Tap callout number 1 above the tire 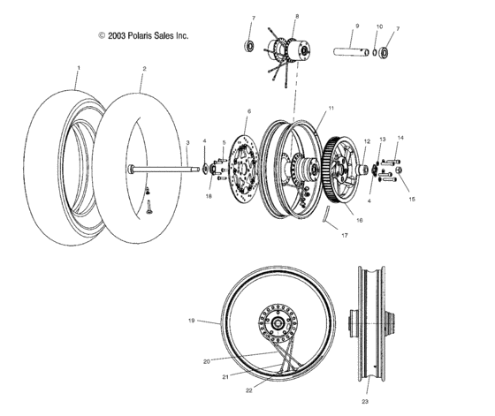click(x=78, y=68)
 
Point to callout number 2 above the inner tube click(x=144, y=68)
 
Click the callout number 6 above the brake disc click(x=248, y=111)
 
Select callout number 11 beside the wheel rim click(x=308, y=109)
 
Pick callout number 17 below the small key click(x=343, y=236)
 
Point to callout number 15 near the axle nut click(x=410, y=200)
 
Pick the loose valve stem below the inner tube click(x=150, y=208)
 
